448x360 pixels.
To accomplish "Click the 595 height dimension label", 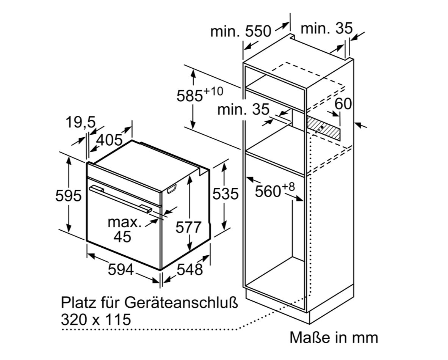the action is pyautogui.click(x=68, y=196).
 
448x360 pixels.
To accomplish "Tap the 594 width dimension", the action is pyautogui.click(x=121, y=269).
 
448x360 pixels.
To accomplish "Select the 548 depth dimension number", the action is pyautogui.click(x=190, y=269).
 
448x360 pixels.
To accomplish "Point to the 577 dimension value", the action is pyautogui.click(x=188, y=228).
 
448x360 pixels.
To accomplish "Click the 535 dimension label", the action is pyautogui.click(x=226, y=194).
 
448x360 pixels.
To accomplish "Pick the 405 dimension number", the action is pyautogui.click(x=110, y=140).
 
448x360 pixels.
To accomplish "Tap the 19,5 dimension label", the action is pyautogui.click(x=81, y=123).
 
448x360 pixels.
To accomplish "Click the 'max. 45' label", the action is pyautogui.click(x=124, y=230).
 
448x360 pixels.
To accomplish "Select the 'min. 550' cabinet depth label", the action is pyautogui.click(x=241, y=31).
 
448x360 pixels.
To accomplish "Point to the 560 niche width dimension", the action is pyautogui.click(x=274, y=190).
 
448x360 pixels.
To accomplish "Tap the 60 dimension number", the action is pyautogui.click(x=343, y=104).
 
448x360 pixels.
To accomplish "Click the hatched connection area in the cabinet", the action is pyautogui.click(x=323, y=128).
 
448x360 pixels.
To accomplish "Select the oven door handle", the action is pyautogui.click(x=121, y=199).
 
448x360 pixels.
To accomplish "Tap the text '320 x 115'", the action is pyautogui.click(x=96, y=319).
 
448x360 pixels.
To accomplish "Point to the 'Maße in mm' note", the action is pyautogui.click(x=334, y=338).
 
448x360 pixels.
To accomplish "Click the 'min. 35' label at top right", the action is pyautogui.click(x=327, y=28).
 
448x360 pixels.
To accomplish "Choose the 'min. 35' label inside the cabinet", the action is pyautogui.click(x=243, y=110).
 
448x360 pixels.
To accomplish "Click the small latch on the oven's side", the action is pyautogui.click(x=172, y=189).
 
